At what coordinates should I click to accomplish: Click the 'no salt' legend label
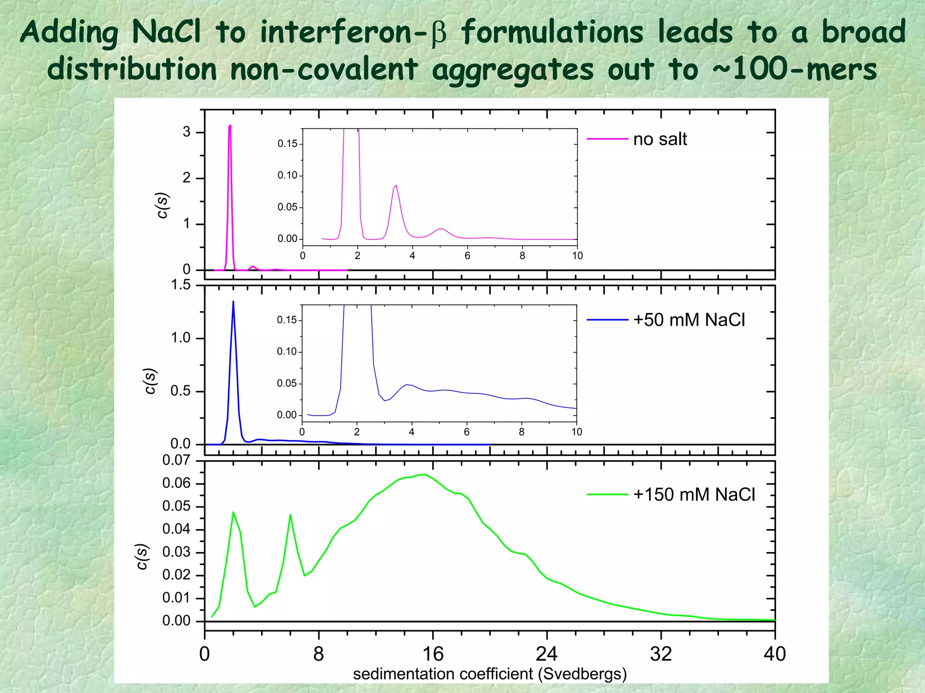tap(660, 139)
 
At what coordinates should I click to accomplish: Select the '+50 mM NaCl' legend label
tap(689, 320)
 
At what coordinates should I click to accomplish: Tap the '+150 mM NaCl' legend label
tap(694, 495)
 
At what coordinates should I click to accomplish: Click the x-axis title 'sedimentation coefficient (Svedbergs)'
tap(490, 674)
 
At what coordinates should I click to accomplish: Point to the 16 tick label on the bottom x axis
tap(433, 654)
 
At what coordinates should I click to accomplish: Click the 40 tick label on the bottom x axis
tap(775, 654)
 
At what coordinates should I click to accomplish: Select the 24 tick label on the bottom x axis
tap(547, 654)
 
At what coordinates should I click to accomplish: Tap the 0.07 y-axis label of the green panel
tap(176, 460)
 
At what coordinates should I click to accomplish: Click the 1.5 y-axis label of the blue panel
tap(181, 285)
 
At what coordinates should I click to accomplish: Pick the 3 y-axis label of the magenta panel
tap(187, 132)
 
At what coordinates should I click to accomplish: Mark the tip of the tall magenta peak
tap(230, 125)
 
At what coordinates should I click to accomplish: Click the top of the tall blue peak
tap(233, 301)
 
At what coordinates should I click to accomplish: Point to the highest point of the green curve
tap(425, 474)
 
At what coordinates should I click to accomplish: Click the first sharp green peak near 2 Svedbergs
tap(233, 512)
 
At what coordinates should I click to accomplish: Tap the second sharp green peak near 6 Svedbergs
tap(290, 515)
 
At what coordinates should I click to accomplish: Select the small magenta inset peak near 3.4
tap(396, 185)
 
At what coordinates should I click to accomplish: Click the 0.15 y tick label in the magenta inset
tap(287, 144)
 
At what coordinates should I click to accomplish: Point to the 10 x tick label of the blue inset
tap(577, 432)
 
